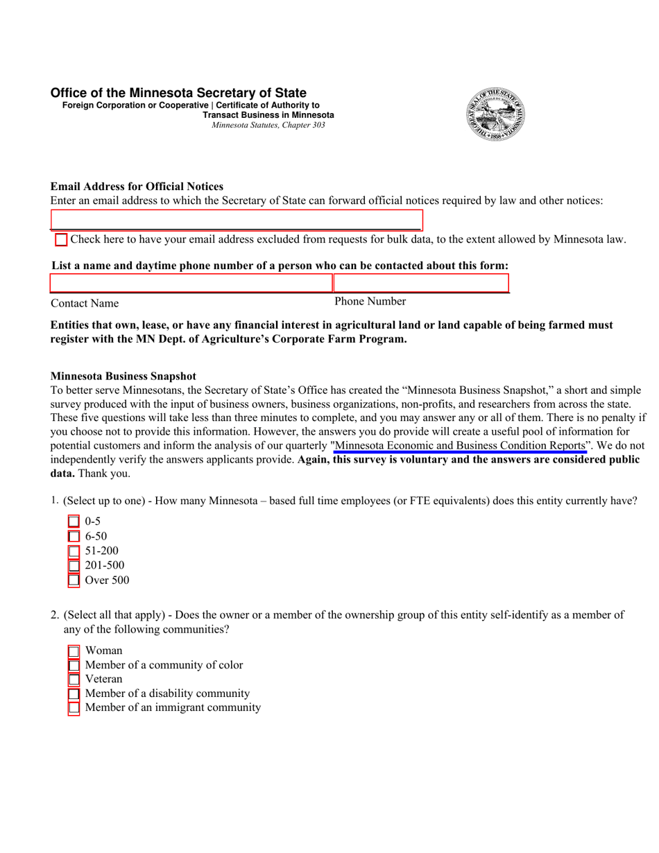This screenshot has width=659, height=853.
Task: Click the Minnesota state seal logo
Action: (495, 115)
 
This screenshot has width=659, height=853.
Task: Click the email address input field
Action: (237, 220)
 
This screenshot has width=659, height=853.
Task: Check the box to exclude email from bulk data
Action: (61, 240)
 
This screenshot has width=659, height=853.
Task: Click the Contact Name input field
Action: (191, 283)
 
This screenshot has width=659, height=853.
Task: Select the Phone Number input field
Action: (421, 283)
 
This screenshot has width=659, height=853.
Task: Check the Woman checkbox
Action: (74, 651)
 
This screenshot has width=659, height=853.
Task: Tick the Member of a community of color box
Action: (74, 666)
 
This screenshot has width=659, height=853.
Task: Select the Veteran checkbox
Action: (74, 680)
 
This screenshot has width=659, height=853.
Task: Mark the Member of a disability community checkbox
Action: (74, 694)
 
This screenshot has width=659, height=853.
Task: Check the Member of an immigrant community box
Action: (74, 708)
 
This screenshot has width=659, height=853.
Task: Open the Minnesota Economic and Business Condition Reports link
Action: (460, 445)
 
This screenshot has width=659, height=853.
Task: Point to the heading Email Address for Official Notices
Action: (137, 187)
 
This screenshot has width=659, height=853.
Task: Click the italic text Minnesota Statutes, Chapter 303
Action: (268, 126)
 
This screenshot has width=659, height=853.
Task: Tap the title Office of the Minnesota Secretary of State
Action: (178, 93)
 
